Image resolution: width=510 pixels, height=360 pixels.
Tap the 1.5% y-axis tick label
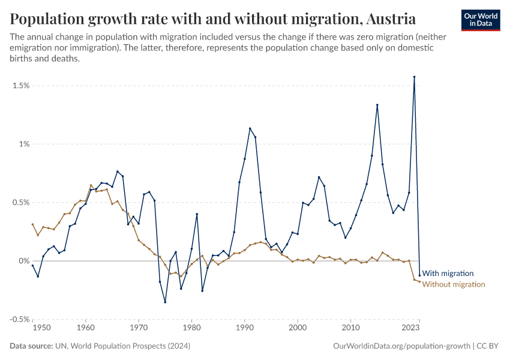(20, 86)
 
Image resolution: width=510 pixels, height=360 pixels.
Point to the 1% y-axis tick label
(23, 144)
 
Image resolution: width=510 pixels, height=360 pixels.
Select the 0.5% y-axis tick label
(20, 203)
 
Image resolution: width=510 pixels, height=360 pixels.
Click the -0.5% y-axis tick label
(19, 319)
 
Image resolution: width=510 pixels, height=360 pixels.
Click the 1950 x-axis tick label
(41, 328)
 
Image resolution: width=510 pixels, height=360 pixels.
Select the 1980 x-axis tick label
(191, 328)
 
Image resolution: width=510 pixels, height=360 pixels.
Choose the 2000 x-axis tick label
(298, 328)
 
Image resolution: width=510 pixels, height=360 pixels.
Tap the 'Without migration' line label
(453, 284)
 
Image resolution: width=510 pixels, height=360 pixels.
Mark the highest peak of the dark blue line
(414, 77)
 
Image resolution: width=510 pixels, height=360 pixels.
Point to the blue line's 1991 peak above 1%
(250, 128)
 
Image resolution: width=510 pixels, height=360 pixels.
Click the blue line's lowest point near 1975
(165, 302)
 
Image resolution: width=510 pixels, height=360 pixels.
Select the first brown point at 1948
(32, 224)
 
